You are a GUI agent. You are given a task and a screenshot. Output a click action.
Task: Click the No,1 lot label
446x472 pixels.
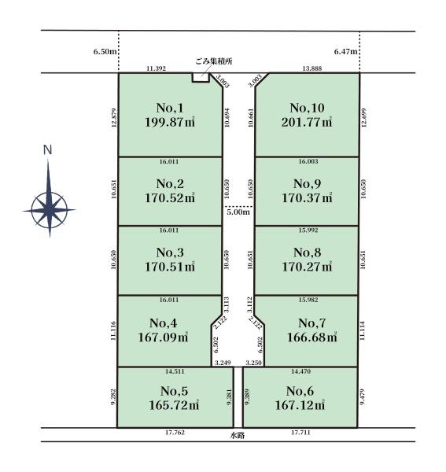(170, 108)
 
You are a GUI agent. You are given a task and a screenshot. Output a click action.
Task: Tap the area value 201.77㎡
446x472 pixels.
(307, 122)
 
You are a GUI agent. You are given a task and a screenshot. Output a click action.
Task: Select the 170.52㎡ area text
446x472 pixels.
(170, 197)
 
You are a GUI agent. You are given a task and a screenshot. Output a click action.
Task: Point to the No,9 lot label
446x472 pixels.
(307, 183)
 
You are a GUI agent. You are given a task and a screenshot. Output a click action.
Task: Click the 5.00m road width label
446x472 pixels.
(238, 212)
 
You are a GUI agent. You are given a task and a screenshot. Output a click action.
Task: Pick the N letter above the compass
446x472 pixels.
(47, 150)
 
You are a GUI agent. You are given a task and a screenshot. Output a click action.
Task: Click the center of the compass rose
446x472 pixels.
(49, 210)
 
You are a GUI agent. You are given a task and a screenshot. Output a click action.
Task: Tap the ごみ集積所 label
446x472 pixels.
(214, 61)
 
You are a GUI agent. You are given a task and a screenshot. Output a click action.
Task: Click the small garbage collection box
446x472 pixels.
(201, 77)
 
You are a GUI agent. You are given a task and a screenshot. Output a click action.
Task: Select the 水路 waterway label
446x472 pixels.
(238, 435)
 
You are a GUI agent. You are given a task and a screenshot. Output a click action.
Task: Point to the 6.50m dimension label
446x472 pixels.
(105, 51)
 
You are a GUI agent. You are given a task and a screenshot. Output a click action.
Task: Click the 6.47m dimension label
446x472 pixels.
(345, 51)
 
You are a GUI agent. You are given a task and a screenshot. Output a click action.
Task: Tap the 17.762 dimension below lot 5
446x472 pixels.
(175, 433)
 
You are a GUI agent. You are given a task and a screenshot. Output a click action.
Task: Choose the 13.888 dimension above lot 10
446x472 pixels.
(312, 68)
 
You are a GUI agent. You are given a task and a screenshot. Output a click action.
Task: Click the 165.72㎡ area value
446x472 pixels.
(174, 405)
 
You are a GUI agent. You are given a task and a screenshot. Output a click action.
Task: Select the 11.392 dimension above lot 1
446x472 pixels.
(156, 68)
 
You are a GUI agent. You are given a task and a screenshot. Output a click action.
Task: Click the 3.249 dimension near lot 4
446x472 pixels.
(223, 363)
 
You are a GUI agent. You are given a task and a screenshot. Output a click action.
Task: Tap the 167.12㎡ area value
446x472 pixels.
(300, 405)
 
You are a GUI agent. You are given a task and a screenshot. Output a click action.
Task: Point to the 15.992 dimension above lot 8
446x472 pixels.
(308, 230)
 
